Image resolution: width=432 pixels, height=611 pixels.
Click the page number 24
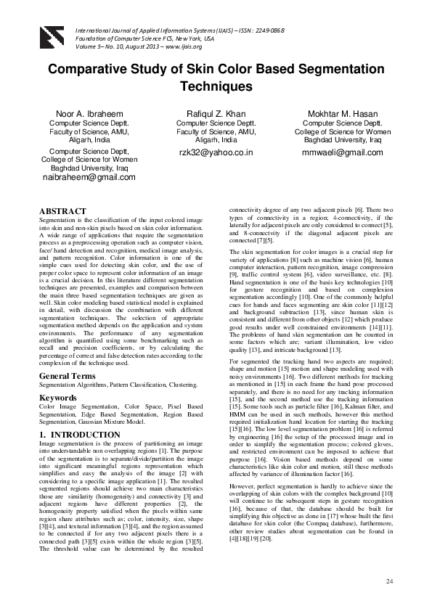389,582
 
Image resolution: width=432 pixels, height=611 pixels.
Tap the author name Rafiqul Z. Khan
216,115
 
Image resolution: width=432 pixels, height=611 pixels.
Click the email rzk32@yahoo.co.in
216,153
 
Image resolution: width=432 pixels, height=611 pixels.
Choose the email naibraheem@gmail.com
89,177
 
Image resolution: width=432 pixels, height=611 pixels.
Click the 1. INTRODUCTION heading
80,435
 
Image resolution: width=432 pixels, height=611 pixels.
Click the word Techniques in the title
216,86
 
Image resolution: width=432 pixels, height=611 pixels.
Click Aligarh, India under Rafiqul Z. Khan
216,141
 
